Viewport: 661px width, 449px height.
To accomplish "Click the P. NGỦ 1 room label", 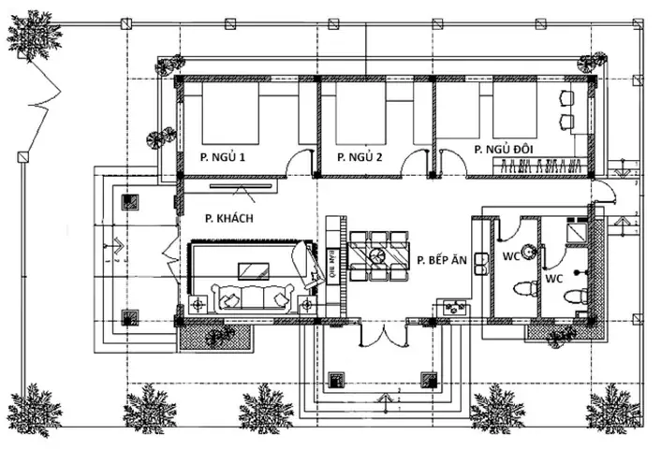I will point(222,157).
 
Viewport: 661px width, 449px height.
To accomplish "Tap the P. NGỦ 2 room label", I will point(360,157).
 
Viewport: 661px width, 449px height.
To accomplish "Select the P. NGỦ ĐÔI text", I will point(511,149).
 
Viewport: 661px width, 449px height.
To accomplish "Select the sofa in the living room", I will point(253,298).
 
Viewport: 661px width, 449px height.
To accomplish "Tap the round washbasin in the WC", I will point(530,250).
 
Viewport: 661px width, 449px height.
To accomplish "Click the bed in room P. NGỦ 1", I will point(230,117).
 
